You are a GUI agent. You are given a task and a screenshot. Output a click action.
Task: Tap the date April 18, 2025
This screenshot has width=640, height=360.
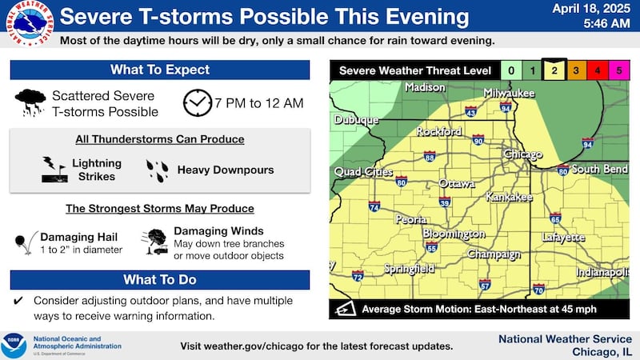pos(594,9)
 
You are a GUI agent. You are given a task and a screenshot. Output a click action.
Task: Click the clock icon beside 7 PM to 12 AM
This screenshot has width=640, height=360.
pos(196,104)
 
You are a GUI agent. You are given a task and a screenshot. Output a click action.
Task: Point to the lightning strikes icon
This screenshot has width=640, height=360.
pos(54,169)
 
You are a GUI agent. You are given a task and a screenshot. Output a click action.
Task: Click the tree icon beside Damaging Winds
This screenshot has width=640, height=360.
pos(154,242)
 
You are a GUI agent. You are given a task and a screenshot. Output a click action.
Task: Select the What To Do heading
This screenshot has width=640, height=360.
pos(159,280)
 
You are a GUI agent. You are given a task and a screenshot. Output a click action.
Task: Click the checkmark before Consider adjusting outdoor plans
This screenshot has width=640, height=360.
pos(18,301)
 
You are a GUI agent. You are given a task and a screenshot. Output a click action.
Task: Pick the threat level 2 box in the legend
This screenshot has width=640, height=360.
pos(554,71)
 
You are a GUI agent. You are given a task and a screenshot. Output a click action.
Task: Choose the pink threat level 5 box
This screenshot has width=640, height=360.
pos(616,71)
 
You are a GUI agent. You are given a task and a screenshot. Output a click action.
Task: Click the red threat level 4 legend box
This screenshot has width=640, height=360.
pos(595,71)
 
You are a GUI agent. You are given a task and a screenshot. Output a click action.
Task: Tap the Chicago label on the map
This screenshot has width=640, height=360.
pos(524,154)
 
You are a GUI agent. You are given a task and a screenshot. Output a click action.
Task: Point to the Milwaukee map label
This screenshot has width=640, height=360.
pos(509,94)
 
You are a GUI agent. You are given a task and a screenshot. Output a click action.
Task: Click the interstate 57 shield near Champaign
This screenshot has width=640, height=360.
pos(485,284)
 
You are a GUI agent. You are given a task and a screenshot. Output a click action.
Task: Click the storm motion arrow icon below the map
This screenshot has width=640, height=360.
pos(346,310)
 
